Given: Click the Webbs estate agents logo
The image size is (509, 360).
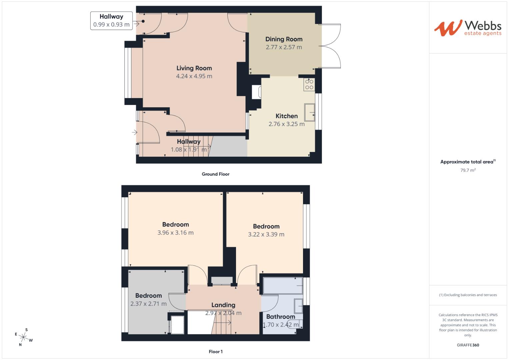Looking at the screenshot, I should point(468,28).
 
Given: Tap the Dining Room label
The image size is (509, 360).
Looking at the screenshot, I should point(284,39).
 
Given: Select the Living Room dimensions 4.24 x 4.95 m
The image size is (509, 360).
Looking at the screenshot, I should point(194,76).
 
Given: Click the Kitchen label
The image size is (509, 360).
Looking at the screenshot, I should point(286,116).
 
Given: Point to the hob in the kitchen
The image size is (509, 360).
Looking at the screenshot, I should point(309,85).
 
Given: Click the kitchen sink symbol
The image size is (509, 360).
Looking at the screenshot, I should point(310,112).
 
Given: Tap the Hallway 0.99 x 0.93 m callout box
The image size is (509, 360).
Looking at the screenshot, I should point(111,21).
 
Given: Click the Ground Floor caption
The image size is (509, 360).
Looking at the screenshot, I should point(215,174).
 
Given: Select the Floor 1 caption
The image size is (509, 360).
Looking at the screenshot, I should point(215,352).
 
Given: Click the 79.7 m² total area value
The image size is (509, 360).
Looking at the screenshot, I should point(468,170).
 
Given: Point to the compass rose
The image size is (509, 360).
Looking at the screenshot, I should point(24,337).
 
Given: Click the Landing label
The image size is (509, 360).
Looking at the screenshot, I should point(223,305).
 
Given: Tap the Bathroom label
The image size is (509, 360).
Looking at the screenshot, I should point(280,317).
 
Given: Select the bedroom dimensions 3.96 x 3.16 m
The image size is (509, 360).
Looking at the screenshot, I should point(175,233).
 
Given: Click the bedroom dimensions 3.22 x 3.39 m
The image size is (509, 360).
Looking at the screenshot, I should point(266,234).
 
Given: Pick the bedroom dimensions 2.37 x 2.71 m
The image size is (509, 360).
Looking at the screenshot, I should point(148,304).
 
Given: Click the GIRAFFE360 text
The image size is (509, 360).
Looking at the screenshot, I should point(468,345).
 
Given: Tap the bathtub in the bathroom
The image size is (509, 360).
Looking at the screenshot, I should point(283,286).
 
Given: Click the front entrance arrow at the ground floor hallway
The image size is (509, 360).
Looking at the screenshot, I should point(134,133).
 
